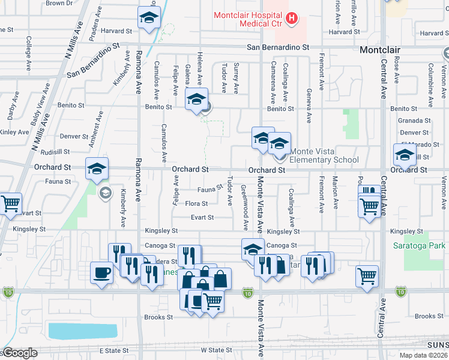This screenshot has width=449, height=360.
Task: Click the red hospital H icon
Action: [x=292, y=19]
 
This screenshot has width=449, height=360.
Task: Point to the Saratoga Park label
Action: [x=424, y=245]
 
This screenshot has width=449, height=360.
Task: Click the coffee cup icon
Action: [x=101, y=274]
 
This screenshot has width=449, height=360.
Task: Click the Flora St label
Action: [x=196, y=204]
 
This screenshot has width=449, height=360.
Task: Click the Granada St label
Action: [x=414, y=121]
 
